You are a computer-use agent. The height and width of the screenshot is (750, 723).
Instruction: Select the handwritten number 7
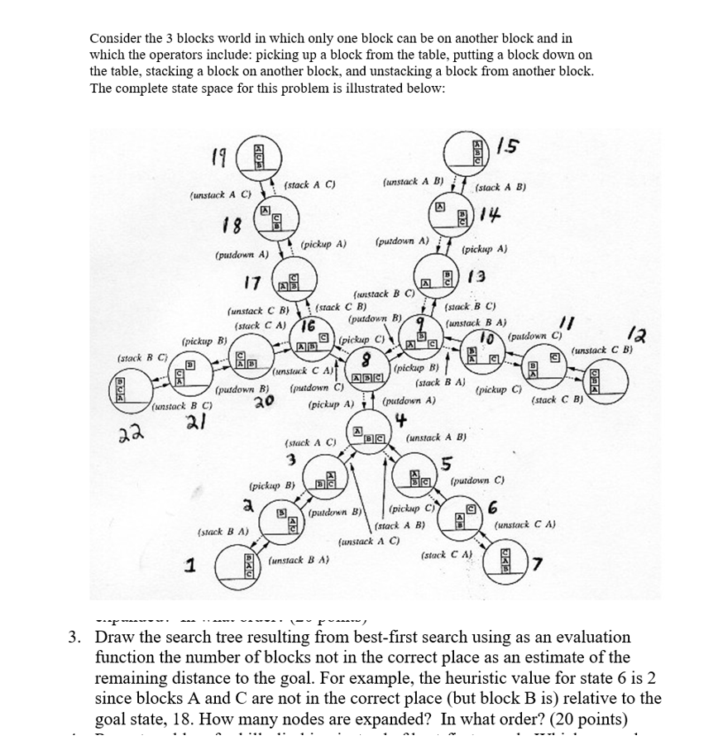coord(539,564)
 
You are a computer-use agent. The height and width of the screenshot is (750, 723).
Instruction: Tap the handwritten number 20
coord(264,402)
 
